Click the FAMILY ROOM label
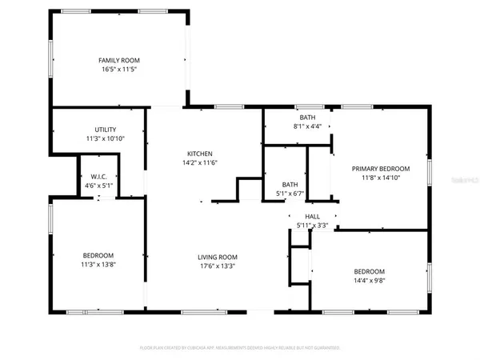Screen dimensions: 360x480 coord(118,61)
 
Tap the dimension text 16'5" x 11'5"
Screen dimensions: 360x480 coord(118,70)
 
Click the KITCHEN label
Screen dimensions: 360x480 coord(200,154)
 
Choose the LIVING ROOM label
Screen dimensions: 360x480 coord(218,257)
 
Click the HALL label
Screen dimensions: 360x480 coord(312,216)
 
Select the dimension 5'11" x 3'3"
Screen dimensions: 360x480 coord(312,225)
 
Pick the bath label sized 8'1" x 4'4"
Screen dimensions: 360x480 coord(308,117)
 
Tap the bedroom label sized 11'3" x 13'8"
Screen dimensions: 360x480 coord(98,255)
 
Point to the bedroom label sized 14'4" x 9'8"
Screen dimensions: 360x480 coord(370,271)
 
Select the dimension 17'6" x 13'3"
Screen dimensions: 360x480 coord(218,266)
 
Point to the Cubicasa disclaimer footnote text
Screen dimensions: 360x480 coord(240,348)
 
